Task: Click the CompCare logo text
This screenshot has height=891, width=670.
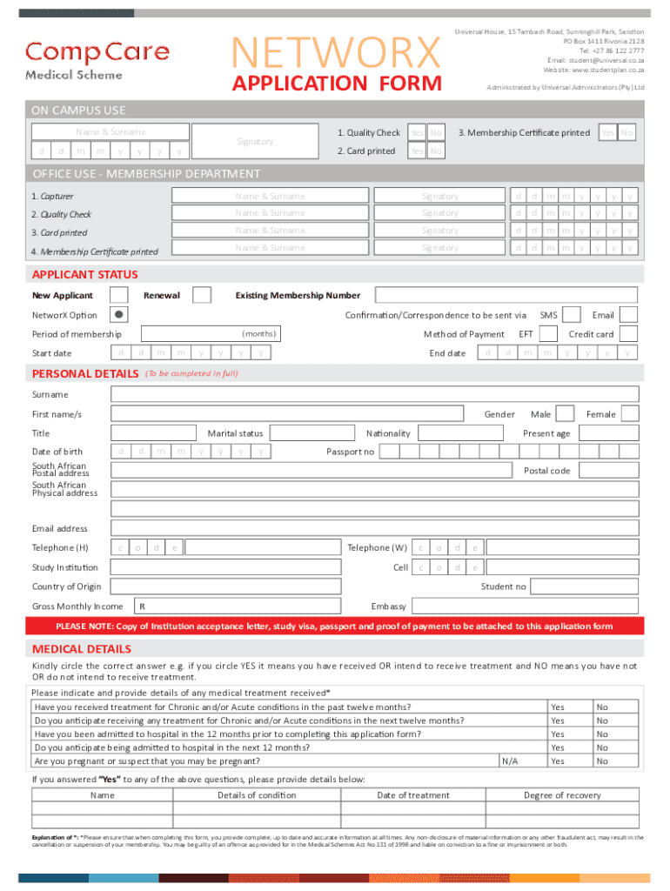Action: pyautogui.click(x=97, y=51)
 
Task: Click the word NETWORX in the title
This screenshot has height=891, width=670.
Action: pyautogui.click(x=339, y=53)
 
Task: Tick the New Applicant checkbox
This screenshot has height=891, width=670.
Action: pyautogui.click(x=119, y=295)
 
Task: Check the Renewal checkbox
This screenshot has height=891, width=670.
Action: pyautogui.click(x=201, y=295)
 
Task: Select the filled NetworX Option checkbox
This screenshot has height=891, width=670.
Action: pyautogui.click(x=119, y=314)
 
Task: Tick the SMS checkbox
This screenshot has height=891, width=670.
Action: pyautogui.click(x=573, y=314)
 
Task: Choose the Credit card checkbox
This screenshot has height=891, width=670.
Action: pyautogui.click(x=628, y=333)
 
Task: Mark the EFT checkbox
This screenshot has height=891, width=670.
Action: pyautogui.click(x=548, y=333)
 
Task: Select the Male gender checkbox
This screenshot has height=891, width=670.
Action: pyautogui.click(x=565, y=413)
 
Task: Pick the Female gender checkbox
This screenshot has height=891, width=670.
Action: pyautogui.click(x=630, y=413)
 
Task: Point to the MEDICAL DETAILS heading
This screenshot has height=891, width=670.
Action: pyautogui.click(x=82, y=649)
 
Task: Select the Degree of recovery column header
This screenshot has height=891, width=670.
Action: pyautogui.click(x=561, y=795)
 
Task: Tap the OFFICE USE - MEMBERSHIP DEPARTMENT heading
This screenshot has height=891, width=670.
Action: pyautogui.click(x=146, y=174)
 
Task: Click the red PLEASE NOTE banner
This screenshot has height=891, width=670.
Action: pyautogui.click(x=334, y=626)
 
